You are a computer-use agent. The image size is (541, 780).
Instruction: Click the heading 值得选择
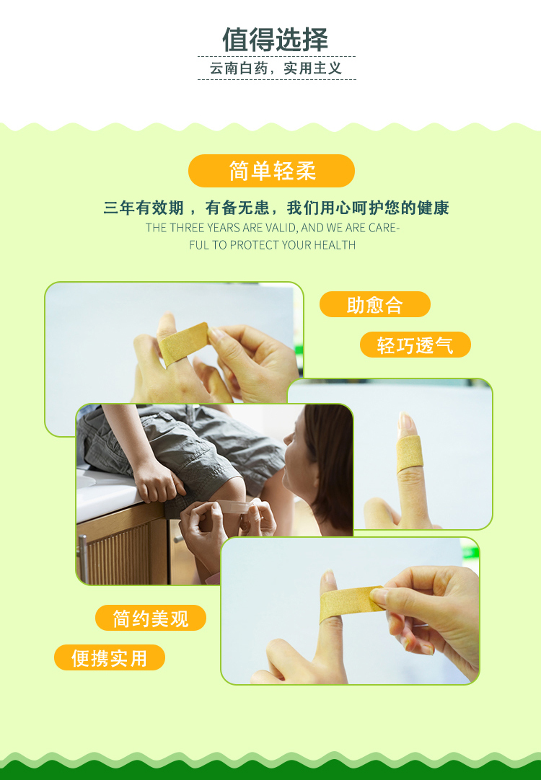[276, 40]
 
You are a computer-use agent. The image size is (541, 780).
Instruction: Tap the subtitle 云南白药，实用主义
[276, 68]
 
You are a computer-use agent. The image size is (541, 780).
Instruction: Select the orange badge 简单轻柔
[271, 171]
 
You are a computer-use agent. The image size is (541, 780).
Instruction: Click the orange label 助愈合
[375, 304]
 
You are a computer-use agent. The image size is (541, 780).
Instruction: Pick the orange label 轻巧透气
[415, 345]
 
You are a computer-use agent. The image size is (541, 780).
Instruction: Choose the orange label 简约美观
[150, 618]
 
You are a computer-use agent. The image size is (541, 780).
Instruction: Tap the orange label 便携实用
[110, 657]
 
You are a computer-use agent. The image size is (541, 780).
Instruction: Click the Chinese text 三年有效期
[144, 208]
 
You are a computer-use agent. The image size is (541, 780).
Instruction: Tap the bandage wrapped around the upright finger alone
[410, 454]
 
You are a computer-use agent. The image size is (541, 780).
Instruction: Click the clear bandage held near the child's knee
[234, 507]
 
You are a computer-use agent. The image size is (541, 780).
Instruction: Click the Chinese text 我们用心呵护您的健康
[368, 208]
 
